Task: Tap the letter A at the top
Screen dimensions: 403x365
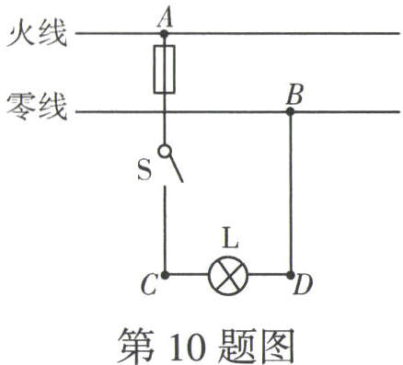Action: [166, 14]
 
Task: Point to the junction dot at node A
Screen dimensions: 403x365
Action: [166, 34]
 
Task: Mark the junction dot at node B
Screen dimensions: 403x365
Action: [290, 112]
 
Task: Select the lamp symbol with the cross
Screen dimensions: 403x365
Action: [228, 275]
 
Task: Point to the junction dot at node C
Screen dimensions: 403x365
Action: [166, 275]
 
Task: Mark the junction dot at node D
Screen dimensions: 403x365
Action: [290, 275]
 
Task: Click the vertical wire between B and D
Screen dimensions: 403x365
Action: [290, 193]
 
